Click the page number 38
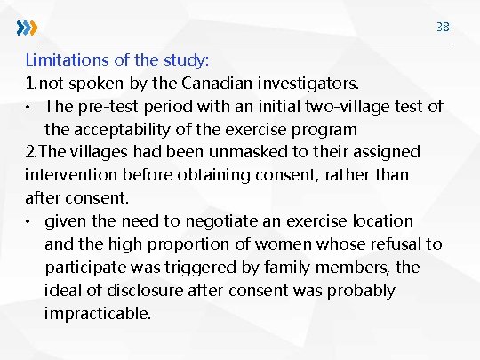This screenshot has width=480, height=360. click(443, 27)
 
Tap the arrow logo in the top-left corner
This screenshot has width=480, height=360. click(28, 28)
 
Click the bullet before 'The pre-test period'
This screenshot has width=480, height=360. click(30, 107)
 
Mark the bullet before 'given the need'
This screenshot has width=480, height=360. click(30, 221)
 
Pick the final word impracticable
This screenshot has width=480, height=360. click(98, 314)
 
